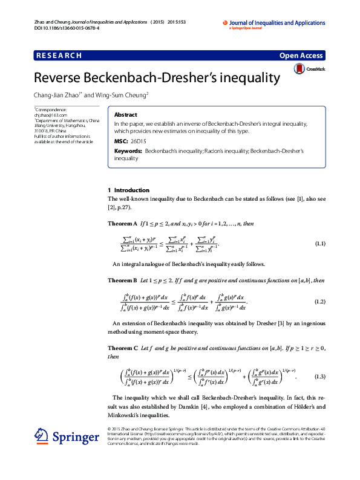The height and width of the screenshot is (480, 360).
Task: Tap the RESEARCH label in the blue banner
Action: click(x=59, y=55)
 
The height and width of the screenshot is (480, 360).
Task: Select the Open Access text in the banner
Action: click(x=302, y=55)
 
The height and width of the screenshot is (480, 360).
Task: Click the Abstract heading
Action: click(x=125, y=114)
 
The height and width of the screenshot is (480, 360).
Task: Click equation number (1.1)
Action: click(x=320, y=244)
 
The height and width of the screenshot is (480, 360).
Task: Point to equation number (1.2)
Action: click(x=320, y=301)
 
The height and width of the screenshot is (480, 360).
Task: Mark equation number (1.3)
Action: click(x=320, y=377)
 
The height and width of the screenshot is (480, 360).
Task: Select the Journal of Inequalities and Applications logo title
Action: click(x=277, y=23)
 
